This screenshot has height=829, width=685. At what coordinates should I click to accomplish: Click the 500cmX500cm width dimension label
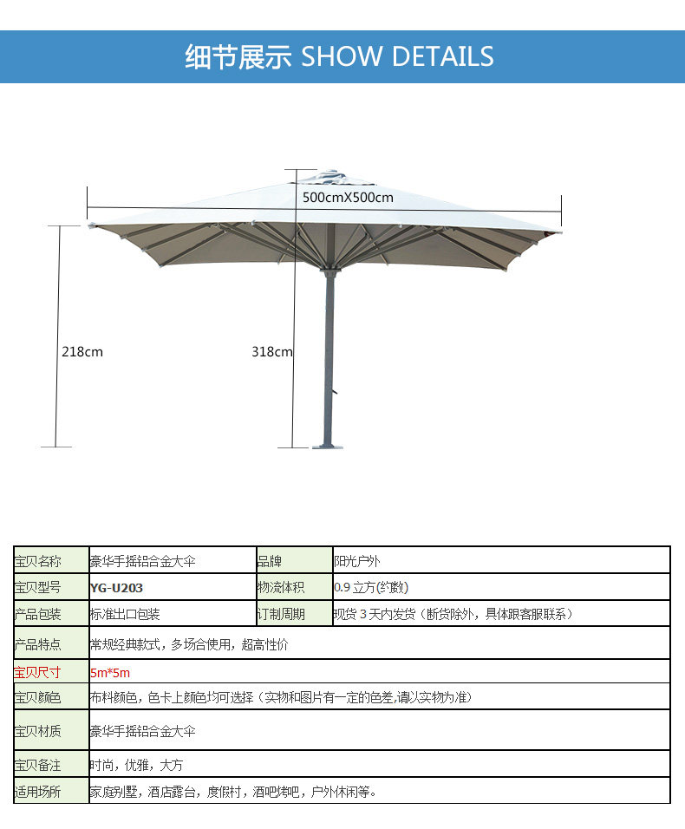coord(348,197)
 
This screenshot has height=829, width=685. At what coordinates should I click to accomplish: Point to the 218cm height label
coord(82,351)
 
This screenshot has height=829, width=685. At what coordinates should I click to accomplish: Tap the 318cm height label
coord(271,351)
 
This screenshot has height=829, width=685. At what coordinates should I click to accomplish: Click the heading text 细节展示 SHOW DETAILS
coord(339,56)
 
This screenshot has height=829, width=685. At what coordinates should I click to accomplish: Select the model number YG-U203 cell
coord(116,587)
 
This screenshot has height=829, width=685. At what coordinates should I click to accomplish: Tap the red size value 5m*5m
coord(109,672)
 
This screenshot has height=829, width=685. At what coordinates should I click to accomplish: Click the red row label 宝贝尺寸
coord(38,672)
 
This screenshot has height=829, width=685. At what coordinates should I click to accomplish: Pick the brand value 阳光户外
coord(359,561)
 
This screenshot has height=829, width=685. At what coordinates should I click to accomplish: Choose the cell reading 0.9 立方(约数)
coord(371,587)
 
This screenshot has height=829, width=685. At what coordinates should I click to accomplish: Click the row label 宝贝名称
coord(38,561)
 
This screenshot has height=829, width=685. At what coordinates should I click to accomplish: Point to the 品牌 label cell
coord(270,561)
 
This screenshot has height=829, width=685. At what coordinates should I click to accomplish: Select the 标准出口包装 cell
coord(125,614)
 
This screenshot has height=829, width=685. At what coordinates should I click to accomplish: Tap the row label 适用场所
coord(38,791)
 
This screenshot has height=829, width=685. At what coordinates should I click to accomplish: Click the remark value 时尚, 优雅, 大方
coord(136,765)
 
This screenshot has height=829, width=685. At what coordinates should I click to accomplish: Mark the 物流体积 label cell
coord(281,587)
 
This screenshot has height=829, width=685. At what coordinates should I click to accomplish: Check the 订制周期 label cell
coord(281,614)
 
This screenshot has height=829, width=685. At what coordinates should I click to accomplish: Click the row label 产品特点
coord(38,644)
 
